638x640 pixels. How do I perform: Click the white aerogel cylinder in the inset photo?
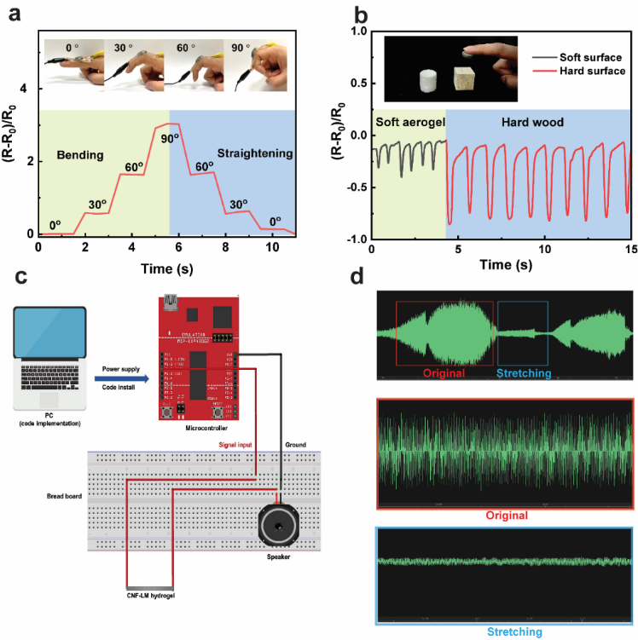(425, 82)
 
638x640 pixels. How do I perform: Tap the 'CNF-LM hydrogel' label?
(150, 602)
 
